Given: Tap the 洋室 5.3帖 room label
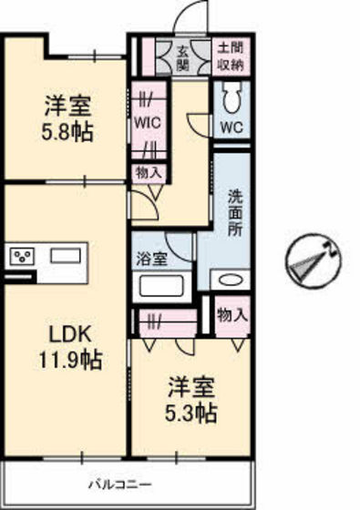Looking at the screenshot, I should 190,402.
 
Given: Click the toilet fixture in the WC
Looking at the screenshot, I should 231,97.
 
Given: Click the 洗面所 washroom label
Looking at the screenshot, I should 233,215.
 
